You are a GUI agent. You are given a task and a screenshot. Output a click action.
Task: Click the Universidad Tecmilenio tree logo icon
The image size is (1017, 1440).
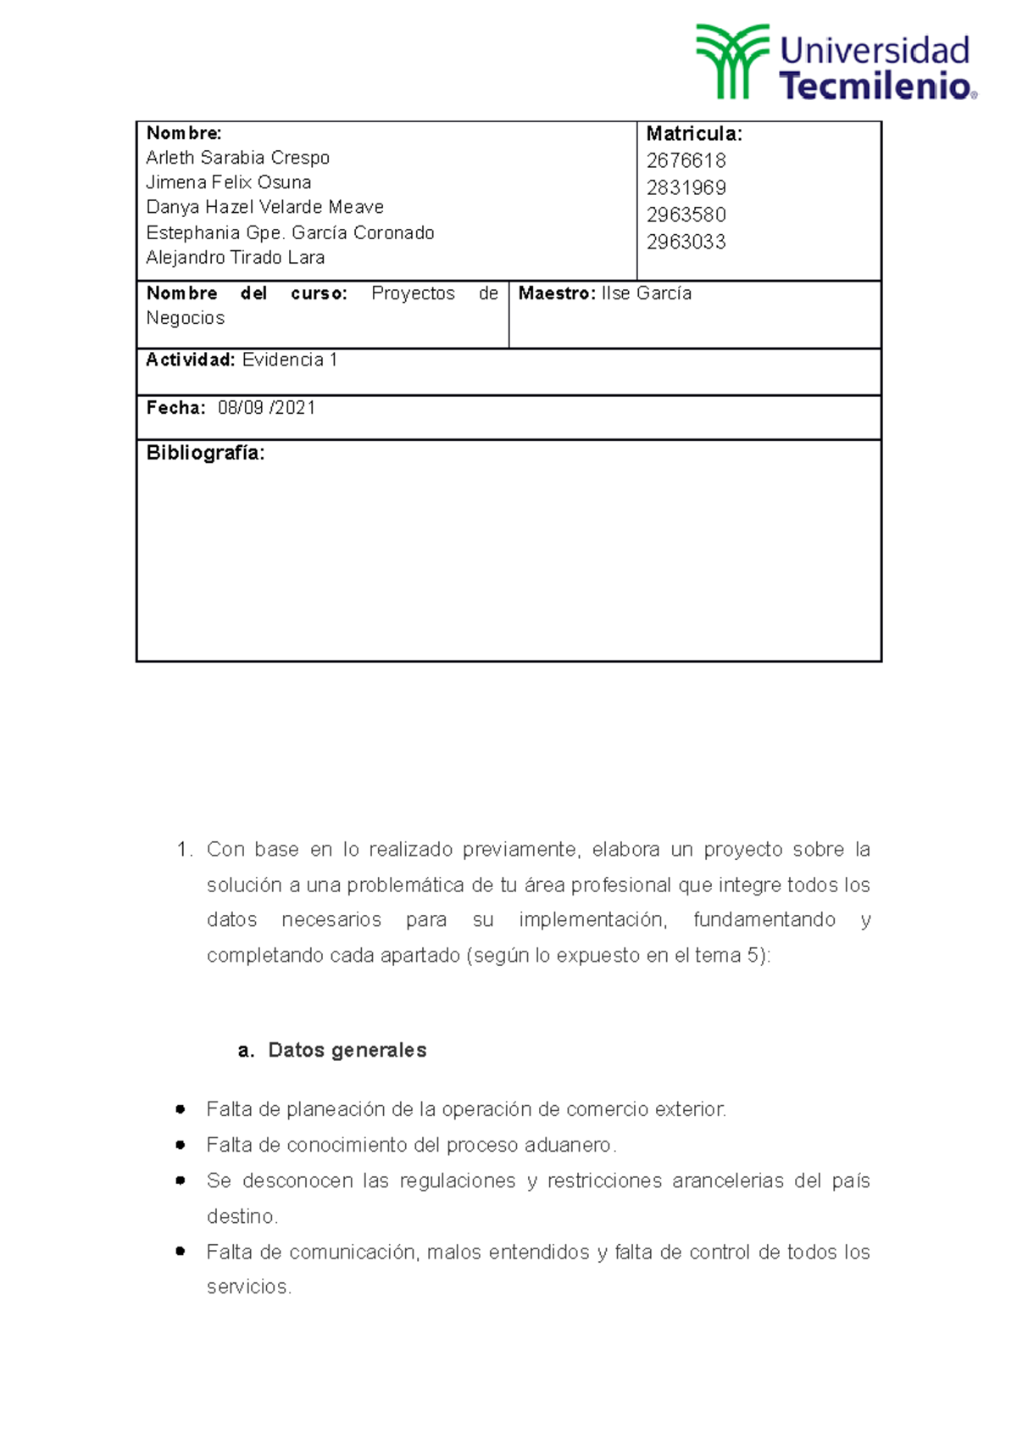731,61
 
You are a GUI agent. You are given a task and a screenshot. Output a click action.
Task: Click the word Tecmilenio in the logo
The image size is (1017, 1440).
875,86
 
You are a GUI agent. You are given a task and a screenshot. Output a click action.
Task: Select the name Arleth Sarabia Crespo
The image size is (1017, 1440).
237,158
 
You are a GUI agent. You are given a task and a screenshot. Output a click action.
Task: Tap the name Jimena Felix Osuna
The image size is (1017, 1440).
228,182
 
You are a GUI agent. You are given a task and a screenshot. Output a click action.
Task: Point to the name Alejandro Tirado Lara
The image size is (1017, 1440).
235,257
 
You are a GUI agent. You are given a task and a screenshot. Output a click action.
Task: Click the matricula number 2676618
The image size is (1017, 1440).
686,160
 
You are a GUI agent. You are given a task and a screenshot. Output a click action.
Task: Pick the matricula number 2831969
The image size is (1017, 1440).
686,187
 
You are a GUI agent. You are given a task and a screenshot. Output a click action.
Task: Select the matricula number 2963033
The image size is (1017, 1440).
686,242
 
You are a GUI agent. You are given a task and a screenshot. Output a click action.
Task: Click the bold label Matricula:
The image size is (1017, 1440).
694,133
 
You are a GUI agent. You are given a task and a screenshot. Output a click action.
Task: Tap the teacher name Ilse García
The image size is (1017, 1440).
647,293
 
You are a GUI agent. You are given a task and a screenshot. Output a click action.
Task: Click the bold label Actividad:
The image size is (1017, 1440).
191,360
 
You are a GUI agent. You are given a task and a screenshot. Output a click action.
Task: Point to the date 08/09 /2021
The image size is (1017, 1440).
266,408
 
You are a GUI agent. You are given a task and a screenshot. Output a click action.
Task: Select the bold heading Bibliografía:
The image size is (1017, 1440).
205,453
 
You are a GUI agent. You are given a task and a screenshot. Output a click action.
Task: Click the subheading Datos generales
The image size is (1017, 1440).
347,1050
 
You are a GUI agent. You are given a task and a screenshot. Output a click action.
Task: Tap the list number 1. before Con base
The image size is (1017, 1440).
185,850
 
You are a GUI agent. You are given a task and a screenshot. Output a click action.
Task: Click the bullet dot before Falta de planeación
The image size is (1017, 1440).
180,1109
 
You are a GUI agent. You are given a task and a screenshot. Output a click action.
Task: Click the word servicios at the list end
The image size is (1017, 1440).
247,1287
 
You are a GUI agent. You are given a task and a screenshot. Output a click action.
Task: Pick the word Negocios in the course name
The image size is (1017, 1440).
186,318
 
